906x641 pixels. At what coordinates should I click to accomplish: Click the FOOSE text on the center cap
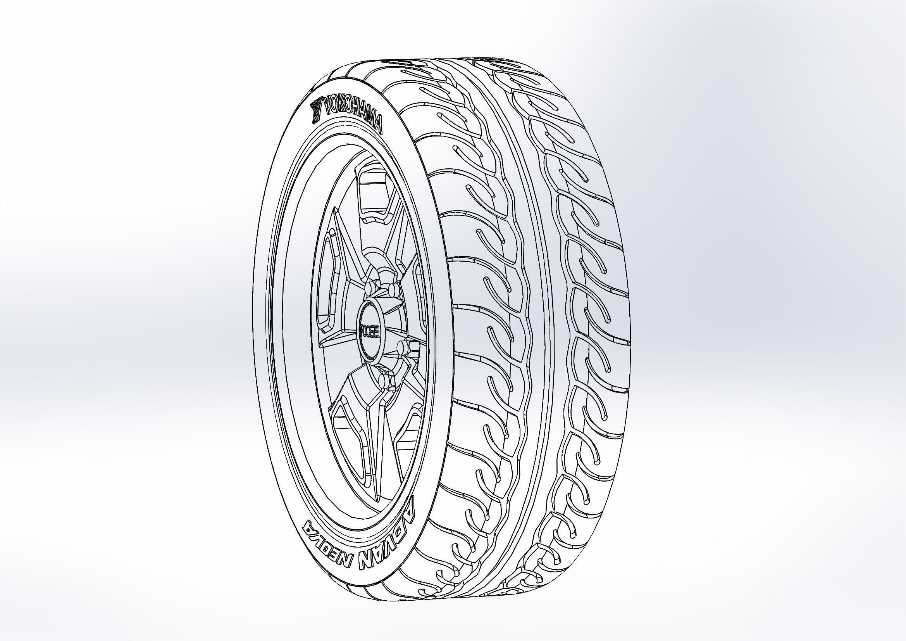click(x=370, y=330)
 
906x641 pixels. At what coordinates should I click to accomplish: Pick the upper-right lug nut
click(x=393, y=290)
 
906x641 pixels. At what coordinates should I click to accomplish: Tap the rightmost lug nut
click(x=402, y=347)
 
